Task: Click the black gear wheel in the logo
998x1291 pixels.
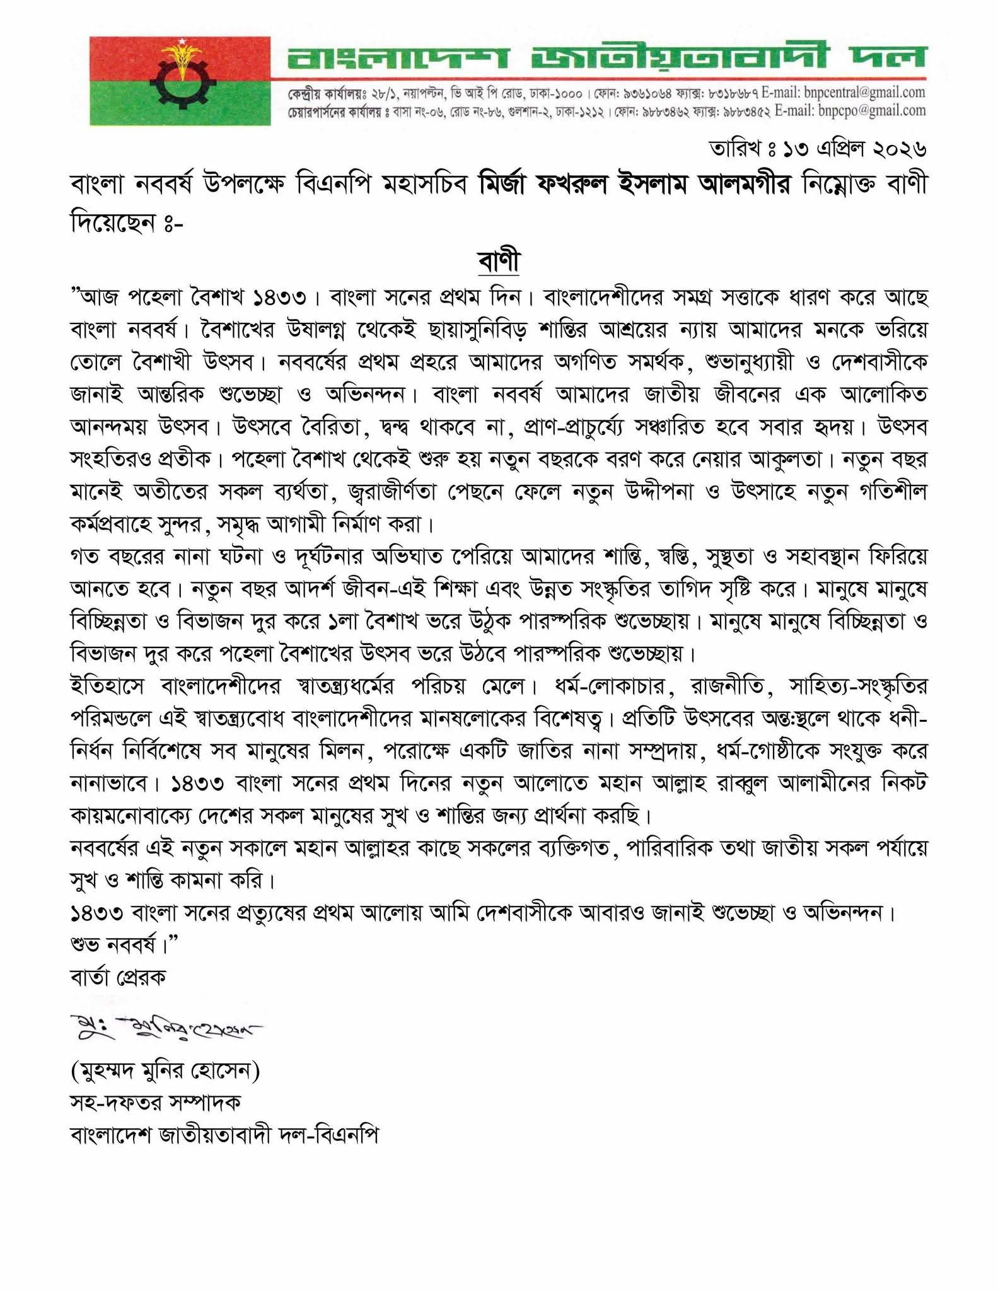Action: point(181,83)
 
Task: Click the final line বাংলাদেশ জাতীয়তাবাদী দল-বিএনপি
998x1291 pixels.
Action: point(224,1135)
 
